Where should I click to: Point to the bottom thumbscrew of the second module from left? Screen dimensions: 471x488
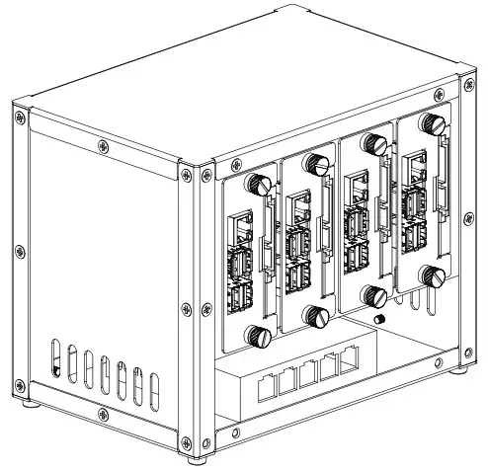[317, 316]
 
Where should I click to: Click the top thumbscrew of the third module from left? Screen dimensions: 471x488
[374, 144]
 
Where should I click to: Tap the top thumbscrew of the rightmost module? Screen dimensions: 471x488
[430, 124]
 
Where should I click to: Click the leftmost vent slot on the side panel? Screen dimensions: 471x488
[54, 360]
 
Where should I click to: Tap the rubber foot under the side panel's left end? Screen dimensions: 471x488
[30, 403]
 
